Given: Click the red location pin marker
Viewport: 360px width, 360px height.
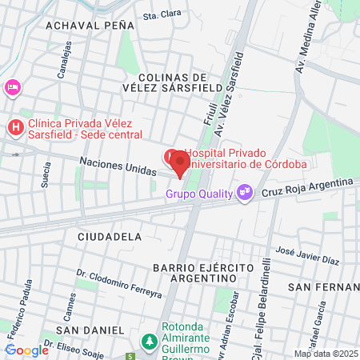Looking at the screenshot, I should pos(179,163).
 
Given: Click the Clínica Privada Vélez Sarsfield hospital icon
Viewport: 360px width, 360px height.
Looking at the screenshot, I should pos(15,127).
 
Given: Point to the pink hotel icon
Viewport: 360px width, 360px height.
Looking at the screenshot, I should pos(12,86).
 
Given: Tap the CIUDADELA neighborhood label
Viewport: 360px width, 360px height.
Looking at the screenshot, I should pos(110,237).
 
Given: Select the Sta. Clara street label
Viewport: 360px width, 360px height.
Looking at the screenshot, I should pos(158,15).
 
